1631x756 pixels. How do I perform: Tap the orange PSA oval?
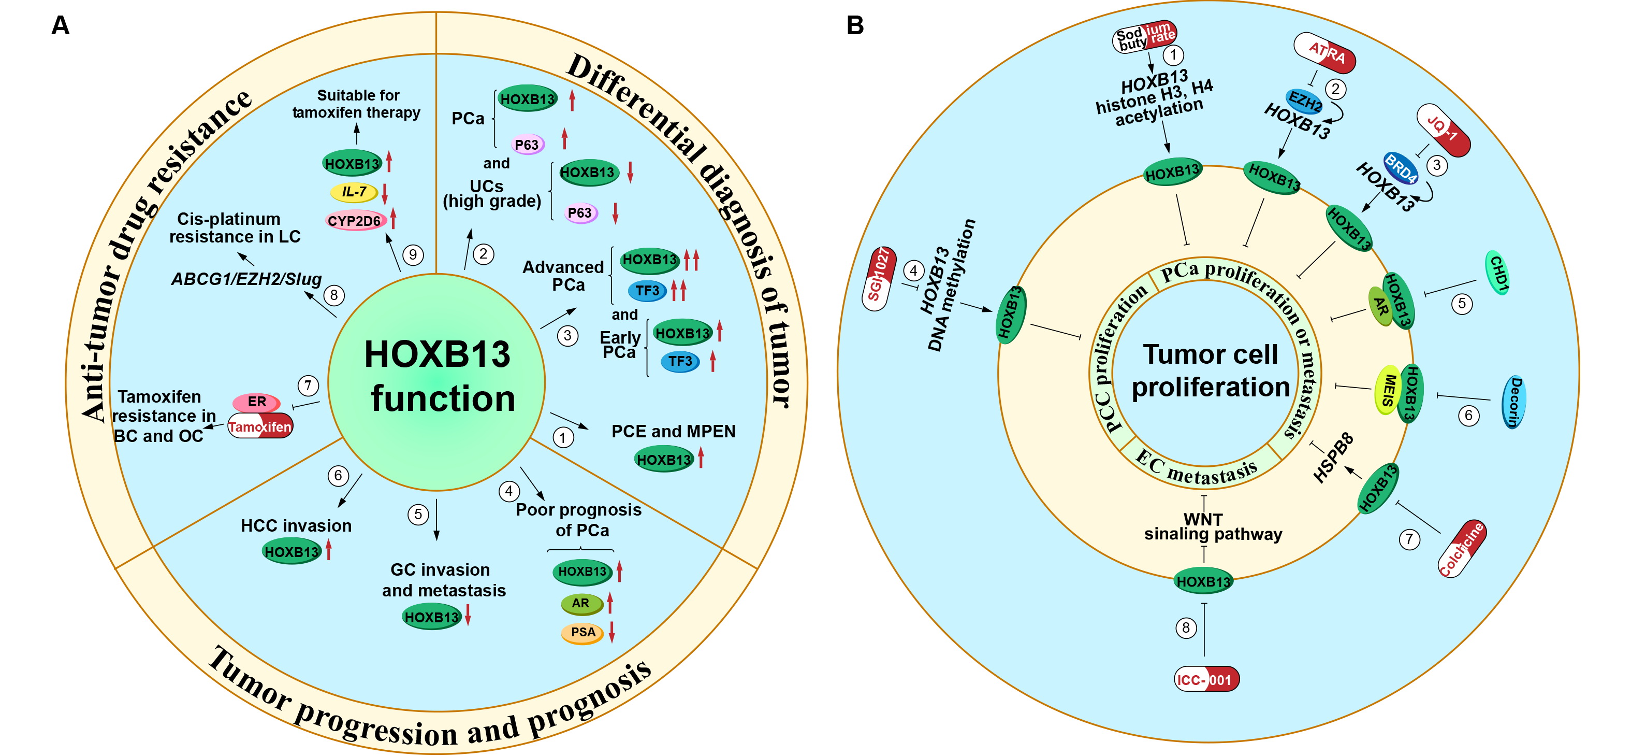582,633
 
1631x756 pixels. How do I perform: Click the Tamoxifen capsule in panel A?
260,426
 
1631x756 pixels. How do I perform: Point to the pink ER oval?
256,402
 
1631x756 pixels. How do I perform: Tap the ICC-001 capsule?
1206,679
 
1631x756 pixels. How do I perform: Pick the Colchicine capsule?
1461,549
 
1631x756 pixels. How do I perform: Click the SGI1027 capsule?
879,279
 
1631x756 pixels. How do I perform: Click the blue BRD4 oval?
1400,168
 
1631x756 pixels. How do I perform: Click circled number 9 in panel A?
413,255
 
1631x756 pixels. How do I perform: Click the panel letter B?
855,26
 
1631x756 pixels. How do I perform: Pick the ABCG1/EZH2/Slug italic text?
246,279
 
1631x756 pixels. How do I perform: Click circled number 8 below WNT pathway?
1186,628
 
